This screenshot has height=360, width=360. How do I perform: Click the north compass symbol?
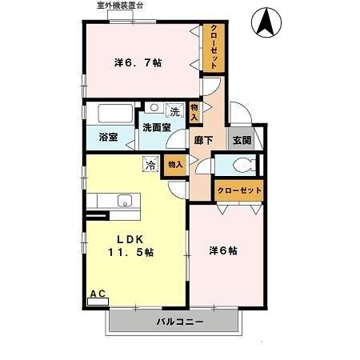point(267,23)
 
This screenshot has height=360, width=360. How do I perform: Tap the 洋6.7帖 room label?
point(138,62)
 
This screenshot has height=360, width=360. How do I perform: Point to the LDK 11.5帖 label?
point(130,245)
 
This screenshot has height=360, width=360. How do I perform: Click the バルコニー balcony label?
point(179,322)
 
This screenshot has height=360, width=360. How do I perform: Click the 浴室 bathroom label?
point(108,137)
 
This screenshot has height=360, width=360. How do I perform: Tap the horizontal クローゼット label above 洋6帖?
point(239,190)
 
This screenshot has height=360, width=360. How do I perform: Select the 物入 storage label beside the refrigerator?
point(175,164)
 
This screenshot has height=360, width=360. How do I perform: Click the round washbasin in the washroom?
point(154,106)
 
